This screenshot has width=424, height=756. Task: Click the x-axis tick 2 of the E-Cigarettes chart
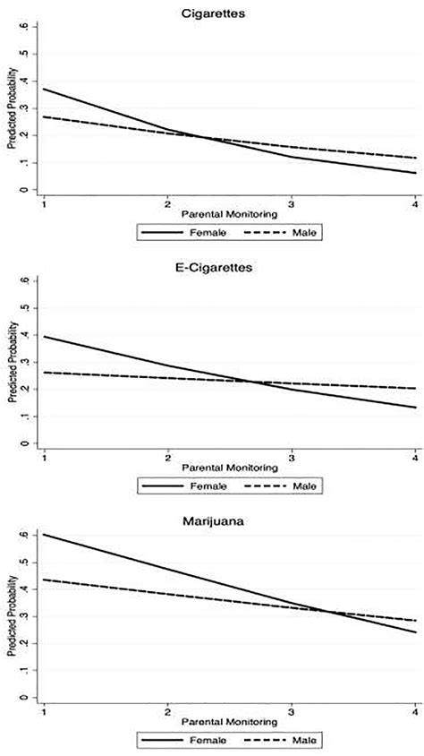[x=167, y=456]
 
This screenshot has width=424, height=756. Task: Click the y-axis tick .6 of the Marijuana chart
[x=34, y=535]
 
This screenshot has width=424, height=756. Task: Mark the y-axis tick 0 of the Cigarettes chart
[x=35, y=190]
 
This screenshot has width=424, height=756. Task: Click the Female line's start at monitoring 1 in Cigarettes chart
[x=43, y=89]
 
